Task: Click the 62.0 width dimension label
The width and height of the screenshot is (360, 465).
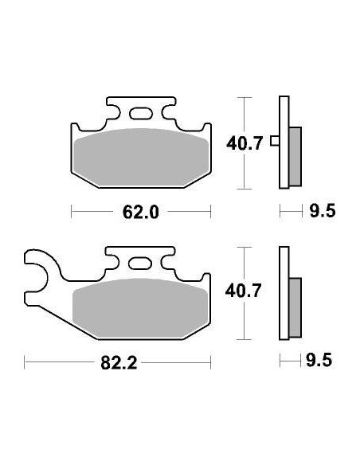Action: [x=141, y=213]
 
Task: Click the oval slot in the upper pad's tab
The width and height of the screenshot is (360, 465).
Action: [x=141, y=113]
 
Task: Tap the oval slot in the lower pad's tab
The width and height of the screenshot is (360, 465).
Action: [x=141, y=263]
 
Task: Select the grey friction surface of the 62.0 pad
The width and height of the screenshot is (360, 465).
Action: [x=141, y=157]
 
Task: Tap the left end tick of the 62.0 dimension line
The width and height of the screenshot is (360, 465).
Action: [x=72, y=212]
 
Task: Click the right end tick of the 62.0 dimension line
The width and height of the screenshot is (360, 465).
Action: [x=210, y=212]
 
